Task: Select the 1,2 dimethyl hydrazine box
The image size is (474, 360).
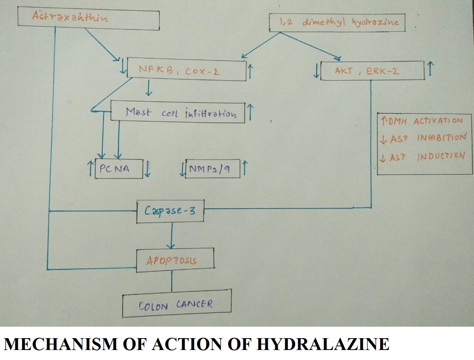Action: pyautogui.click(x=337, y=23)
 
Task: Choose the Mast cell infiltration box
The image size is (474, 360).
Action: pyautogui.click(x=178, y=112)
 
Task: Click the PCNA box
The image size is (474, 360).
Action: pyautogui.click(x=118, y=169)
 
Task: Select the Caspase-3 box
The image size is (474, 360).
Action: pyautogui.click(x=170, y=211)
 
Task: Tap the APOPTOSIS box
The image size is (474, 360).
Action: pyautogui.click(x=175, y=260)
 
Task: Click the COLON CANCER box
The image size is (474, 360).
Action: pyautogui.click(x=177, y=304)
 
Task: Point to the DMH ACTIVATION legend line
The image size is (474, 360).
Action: pyautogui.click(x=422, y=121)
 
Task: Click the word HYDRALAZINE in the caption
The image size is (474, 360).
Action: pyautogui.click(x=322, y=344)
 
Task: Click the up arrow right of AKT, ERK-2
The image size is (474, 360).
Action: pyautogui.click(x=430, y=69)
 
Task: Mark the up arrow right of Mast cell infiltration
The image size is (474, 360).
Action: pyautogui.click(x=250, y=112)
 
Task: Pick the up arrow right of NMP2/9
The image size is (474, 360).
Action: pyautogui.click(x=245, y=169)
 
